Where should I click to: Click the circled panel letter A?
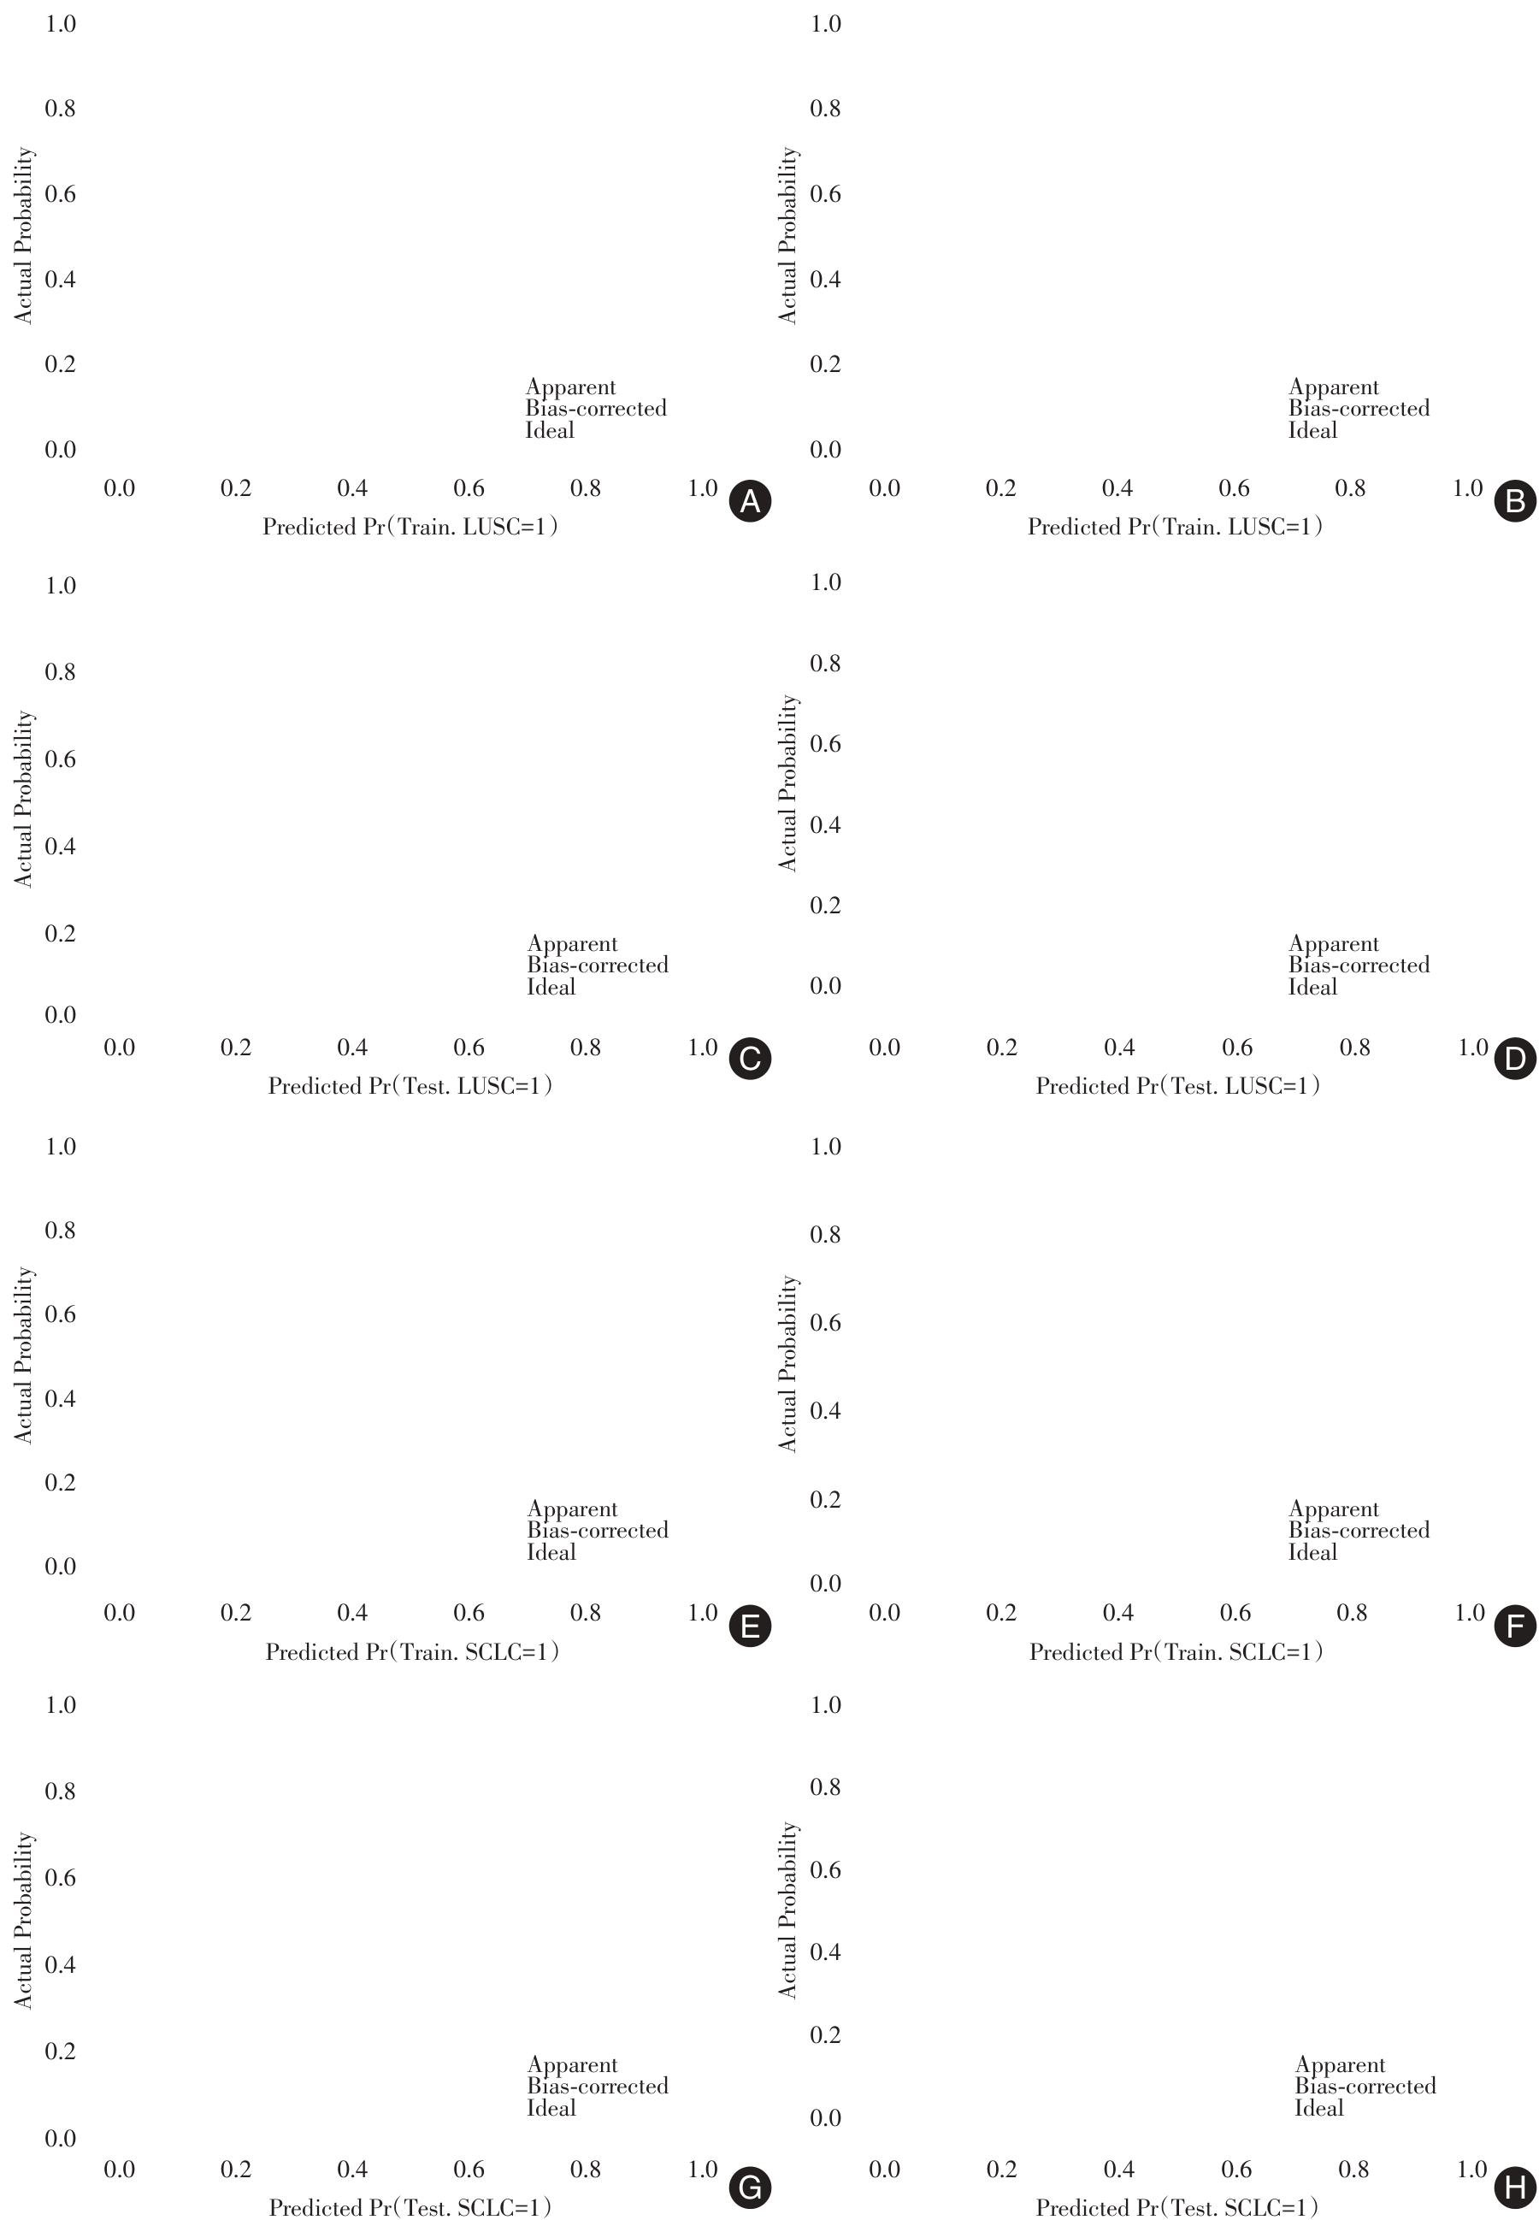pos(749,501)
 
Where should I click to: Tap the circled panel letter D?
pos(1514,1060)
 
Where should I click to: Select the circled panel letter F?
pos(1514,1627)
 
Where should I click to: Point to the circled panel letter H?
pos(1514,2188)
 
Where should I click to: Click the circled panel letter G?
pos(749,2188)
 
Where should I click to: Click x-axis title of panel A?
pos(410,527)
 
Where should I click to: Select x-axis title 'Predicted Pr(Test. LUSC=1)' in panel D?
pos(1177,1086)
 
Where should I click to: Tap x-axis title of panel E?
pos(412,1652)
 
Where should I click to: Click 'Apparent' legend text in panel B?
pos(1334,387)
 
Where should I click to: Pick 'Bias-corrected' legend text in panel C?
pos(597,965)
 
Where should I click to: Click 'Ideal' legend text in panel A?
pos(550,430)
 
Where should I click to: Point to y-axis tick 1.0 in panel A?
pos(60,23)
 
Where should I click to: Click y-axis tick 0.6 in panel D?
pos(825,743)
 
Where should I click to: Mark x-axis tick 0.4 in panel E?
pos(352,1613)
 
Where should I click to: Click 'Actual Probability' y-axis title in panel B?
pos(787,235)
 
